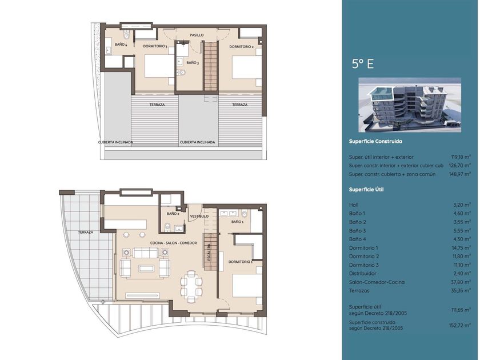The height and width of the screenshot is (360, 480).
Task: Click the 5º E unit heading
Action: click(363, 64)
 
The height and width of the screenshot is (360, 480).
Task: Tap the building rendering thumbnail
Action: click(410, 105)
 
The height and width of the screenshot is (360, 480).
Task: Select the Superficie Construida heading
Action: click(375, 142)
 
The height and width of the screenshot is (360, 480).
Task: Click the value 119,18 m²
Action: click(461, 157)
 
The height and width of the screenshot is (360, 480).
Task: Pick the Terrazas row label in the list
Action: click(359, 290)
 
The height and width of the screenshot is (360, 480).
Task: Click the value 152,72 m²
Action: click(459, 325)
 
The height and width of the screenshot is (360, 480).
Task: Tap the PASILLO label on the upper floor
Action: click(197, 35)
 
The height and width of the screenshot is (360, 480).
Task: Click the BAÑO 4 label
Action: click(121, 45)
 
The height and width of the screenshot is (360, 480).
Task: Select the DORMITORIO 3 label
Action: click(155, 46)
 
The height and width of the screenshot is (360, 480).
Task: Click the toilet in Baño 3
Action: click(181, 73)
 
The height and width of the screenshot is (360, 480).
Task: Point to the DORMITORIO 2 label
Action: click(241, 47)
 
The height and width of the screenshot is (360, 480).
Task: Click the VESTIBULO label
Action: click(199, 216)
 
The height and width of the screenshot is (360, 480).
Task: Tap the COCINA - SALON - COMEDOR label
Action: click(174, 243)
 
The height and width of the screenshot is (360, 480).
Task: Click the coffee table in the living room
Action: click(146, 269)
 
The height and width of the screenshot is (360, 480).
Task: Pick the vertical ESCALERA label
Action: click(209, 252)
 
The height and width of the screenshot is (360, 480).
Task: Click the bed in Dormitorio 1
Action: click(247, 286)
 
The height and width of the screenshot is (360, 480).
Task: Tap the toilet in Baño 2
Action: click(167, 227)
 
